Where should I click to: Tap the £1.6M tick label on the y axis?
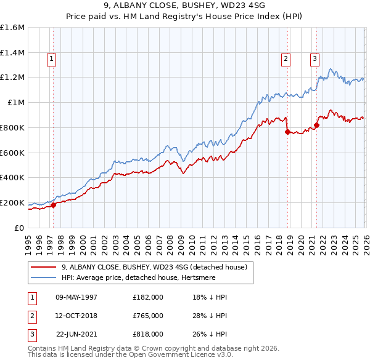pos(12,28)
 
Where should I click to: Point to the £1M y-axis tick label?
pos(15,102)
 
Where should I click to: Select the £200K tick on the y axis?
pos(12,202)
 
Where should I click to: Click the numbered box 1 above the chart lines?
pos(51,59)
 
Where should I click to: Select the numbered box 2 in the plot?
pos(286,59)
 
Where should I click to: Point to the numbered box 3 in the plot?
pos(314,59)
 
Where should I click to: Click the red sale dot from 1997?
pos(53,205)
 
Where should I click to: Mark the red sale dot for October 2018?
pos(287,132)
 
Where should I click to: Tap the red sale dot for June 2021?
pos(316,125)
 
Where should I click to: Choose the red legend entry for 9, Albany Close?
pos(154,267)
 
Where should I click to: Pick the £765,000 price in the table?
pos(147,316)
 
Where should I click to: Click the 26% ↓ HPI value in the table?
pos(210,334)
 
